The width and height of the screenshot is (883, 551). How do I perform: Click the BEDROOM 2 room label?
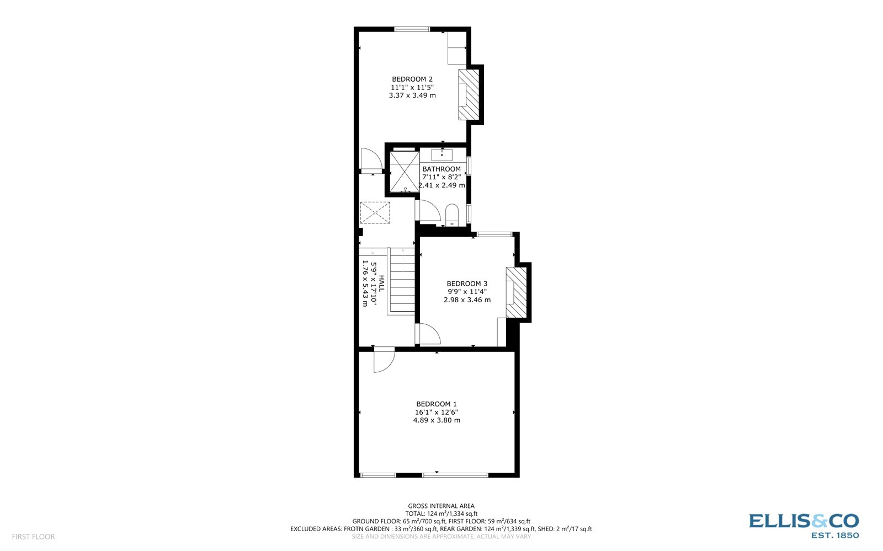(x=412, y=79)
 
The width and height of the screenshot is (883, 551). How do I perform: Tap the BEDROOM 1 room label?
(x=437, y=404)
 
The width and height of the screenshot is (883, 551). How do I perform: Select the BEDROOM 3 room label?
(x=467, y=283)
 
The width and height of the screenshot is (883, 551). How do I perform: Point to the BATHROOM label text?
(x=441, y=169)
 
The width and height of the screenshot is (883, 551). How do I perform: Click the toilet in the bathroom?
(x=452, y=215)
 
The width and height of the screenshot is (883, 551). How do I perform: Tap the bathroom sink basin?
(x=441, y=154)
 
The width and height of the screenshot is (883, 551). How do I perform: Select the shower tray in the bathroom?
(x=405, y=171)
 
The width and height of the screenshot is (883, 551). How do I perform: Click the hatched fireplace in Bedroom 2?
(x=469, y=94)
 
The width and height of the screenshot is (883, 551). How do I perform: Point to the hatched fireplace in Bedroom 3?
(x=517, y=292)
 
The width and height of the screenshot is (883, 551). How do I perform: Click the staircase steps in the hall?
(x=401, y=281)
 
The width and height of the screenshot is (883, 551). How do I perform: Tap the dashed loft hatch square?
(x=375, y=212)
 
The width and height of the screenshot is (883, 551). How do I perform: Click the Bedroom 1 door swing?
(x=382, y=359)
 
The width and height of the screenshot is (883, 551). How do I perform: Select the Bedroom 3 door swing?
(x=428, y=334)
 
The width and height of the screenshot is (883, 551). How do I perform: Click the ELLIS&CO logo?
(x=804, y=525)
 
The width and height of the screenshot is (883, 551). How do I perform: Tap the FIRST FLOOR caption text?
(x=33, y=537)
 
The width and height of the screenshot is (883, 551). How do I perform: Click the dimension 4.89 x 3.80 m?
(x=437, y=420)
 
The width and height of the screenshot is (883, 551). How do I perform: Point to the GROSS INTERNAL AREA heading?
(x=441, y=506)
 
